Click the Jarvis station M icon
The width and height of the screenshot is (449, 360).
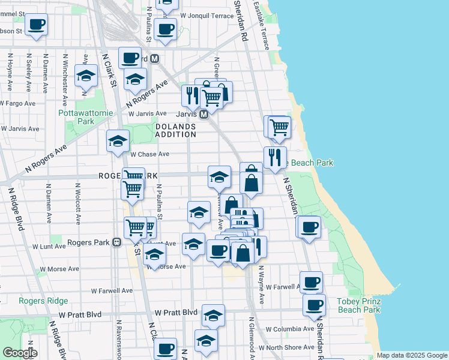(x=203, y=114)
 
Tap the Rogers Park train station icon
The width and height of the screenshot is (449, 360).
(x=117, y=242)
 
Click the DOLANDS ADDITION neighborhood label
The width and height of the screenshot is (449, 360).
(x=176, y=130)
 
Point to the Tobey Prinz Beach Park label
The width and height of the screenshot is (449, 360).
(x=359, y=305)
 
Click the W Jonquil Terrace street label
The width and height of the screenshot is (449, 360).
(x=206, y=16)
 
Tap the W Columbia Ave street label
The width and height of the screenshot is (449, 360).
(x=290, y=329)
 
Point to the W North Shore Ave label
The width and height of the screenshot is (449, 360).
(x=291, y=347)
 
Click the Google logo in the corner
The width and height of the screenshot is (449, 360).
(x=20, y=353)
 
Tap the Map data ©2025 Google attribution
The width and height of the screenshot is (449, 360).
(x=411, y=355)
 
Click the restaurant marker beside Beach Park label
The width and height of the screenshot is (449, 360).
(x=275, y=158)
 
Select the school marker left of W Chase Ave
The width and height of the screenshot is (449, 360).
(x=118, y=141)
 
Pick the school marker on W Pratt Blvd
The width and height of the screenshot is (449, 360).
(x=213, y=315)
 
